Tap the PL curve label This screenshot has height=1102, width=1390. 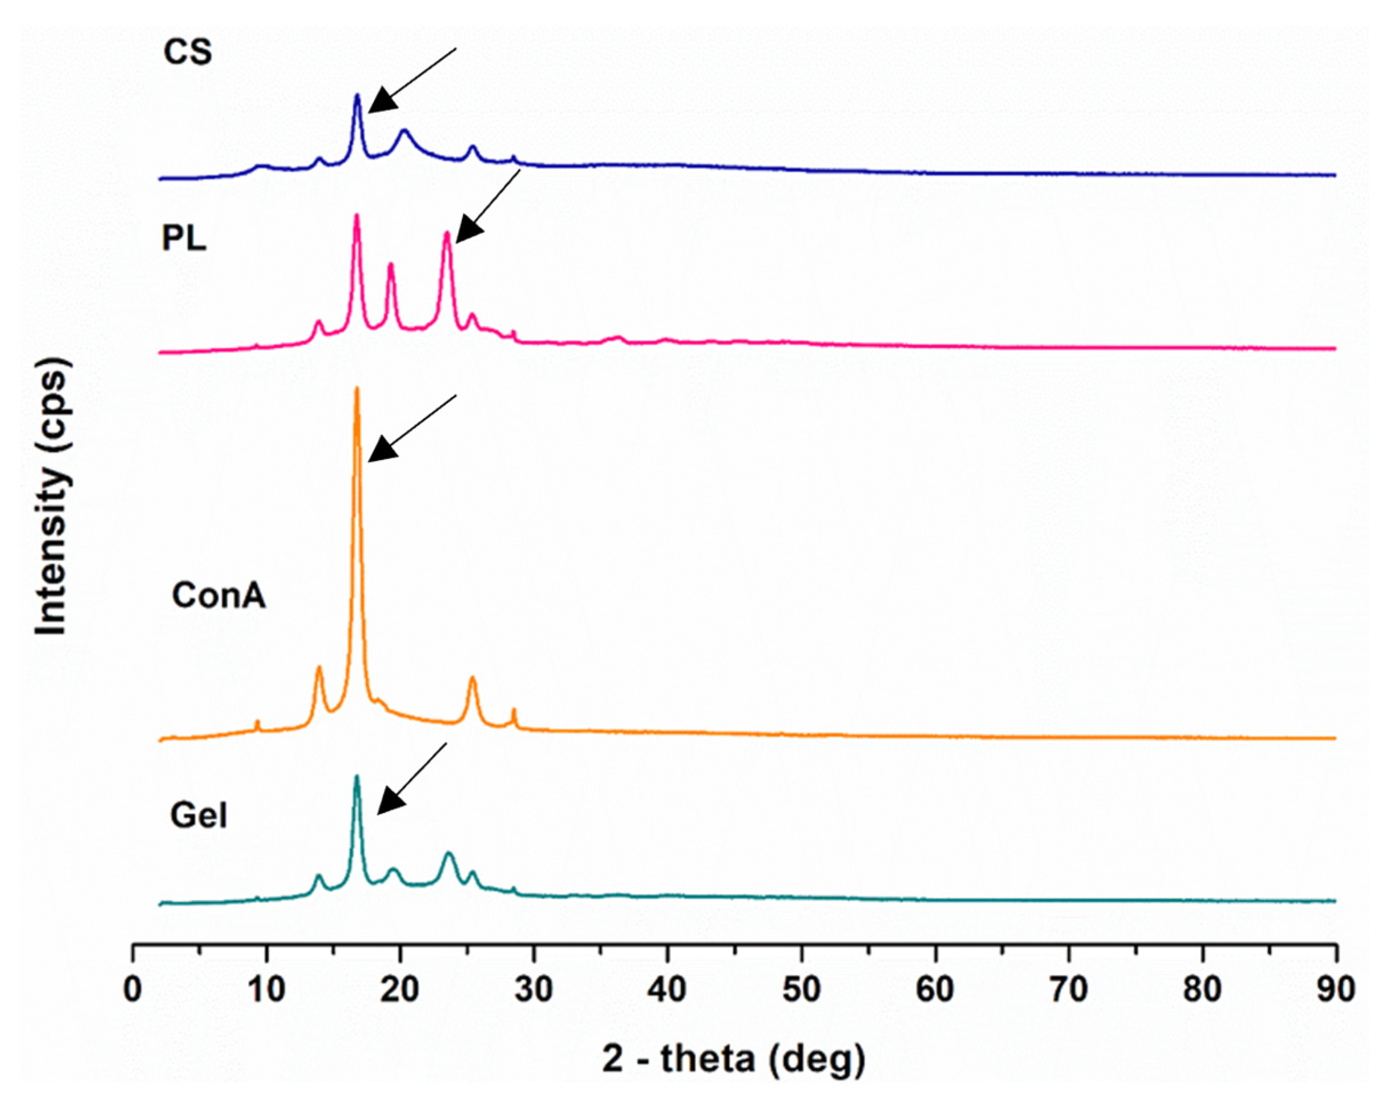[x=184, y=239]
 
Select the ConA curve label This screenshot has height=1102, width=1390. [x=219, y=596]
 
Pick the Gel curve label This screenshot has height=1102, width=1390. [x=199, y=816]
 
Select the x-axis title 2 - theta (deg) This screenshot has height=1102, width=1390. [x=734, y=1059]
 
